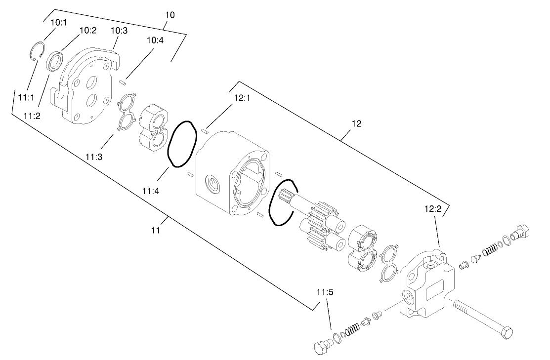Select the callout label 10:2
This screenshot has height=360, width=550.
pos(87,30)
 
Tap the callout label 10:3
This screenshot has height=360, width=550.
pos(119,31)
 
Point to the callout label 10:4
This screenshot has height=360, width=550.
pos(154,40)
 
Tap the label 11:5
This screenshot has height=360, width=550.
pos(322,291)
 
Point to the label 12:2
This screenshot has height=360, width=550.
pos(432,209)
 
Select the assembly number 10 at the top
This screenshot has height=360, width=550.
pos(169,15)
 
